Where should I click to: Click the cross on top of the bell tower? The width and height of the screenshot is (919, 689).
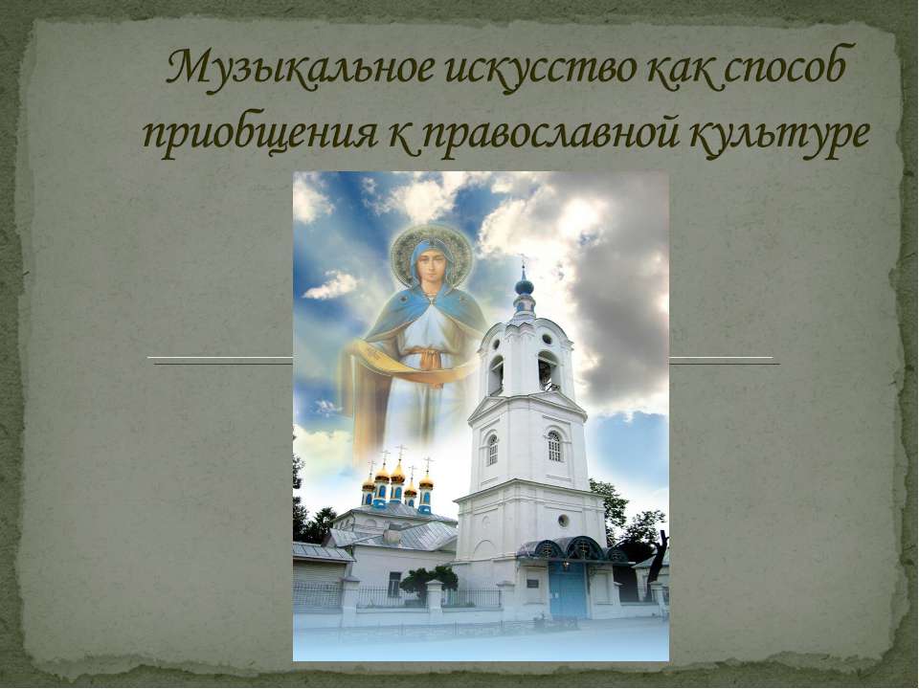pyautogui.click(x=523, y=262)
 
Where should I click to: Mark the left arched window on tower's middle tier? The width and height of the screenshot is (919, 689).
pyautogui.click(x=492, y=450)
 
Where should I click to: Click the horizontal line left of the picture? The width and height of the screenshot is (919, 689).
pyautogui.click(x=221, y=360)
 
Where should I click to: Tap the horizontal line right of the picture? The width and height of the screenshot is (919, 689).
pyautogui.click(x=723, y=360)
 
